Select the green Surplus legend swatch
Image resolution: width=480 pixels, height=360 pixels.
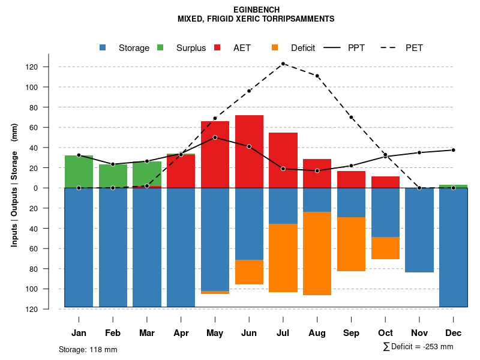[160, 48]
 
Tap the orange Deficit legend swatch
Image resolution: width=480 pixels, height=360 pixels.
[275, 48]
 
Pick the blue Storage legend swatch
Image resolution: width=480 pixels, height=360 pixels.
[103, 48]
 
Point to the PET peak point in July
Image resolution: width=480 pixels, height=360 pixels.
[283, 64]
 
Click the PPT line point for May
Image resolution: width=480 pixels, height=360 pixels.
[215, 137]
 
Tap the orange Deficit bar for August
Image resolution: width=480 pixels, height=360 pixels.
[317, 253]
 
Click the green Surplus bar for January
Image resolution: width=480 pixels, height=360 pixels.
[79, 172]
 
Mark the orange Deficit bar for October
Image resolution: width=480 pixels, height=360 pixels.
[385, 248]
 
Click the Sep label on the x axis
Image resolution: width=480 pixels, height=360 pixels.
[351, 333]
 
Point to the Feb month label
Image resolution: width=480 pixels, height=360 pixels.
[113, 333]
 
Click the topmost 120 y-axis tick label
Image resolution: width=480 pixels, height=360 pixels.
[49, 67]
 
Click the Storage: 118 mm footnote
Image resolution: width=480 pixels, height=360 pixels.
[88, 349]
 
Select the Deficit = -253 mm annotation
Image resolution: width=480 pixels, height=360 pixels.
[418, 347]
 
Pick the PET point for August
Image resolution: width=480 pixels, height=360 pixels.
[317, 76]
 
